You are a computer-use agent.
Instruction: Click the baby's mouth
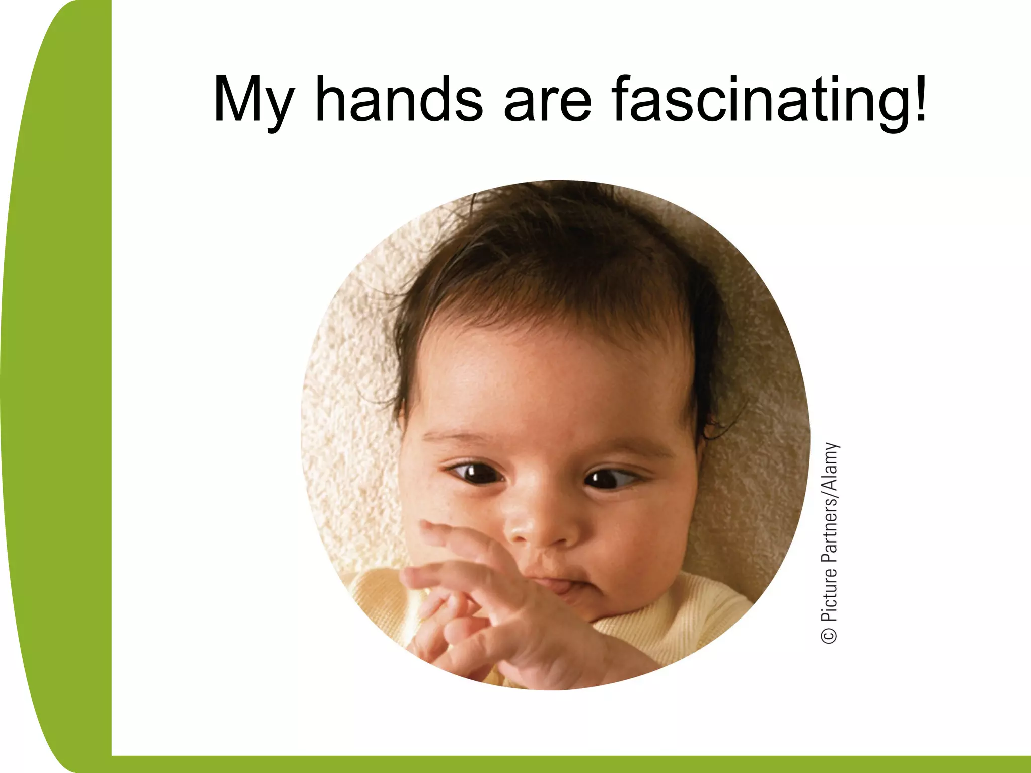pos(559,587)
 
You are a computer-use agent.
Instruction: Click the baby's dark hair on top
pos(554,252)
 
